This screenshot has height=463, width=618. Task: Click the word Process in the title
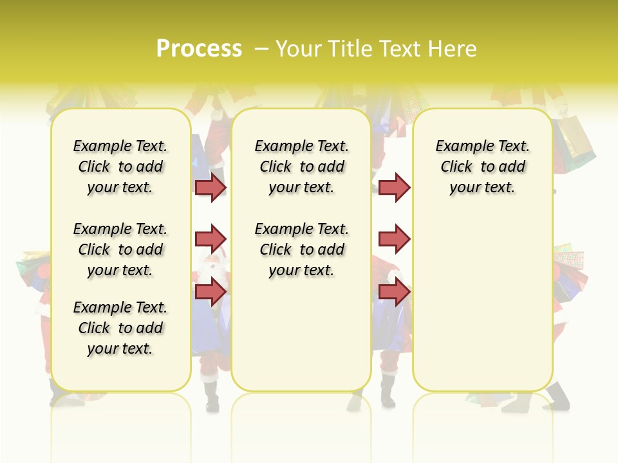tap(199, 49)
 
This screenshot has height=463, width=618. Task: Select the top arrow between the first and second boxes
tap(211, 187)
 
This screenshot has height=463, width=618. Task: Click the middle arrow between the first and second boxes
tap(211, 239)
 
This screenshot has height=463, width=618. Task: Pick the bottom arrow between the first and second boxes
tap(211, 291)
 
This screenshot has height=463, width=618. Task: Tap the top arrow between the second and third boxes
tap(394, 187)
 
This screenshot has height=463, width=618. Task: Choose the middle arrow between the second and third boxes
tap(394, 239)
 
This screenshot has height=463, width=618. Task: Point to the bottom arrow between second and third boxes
tap(394, 291)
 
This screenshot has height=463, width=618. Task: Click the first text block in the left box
tap(120, 167)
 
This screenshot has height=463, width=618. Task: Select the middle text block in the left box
tap(120, 250)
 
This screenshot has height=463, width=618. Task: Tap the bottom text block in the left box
tap(120, 328)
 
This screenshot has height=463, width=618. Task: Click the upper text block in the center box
tap(302, 167)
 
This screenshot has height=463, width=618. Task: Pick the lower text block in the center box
tap(302, 250)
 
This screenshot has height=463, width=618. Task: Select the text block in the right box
tap(483, 167)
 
